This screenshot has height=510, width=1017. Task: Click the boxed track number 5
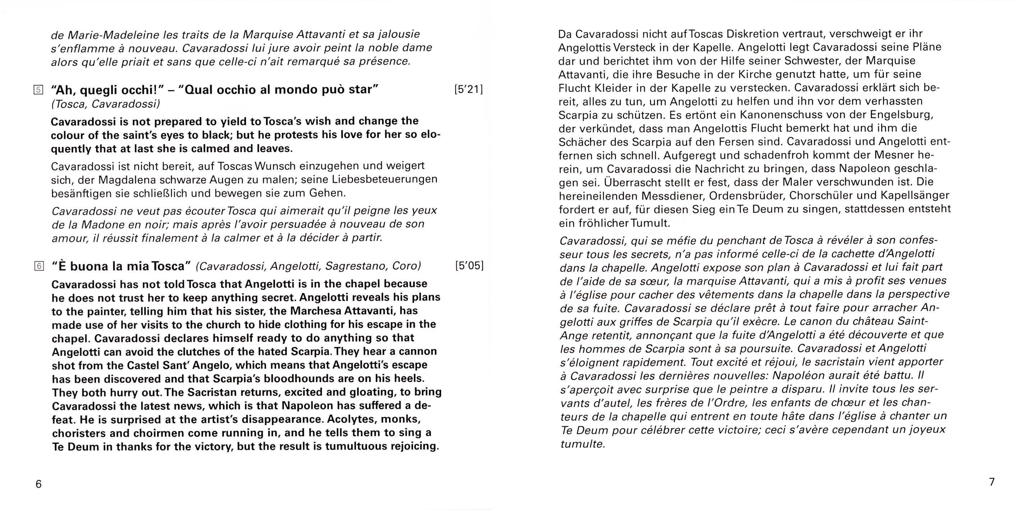pos(38,90)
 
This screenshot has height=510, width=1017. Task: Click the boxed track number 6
pos(39,266)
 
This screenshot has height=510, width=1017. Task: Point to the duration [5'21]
pos(469,89)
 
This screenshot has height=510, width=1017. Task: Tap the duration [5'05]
pos(469,265)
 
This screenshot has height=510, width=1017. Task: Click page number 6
pos(38,484)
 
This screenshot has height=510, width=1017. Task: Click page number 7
pos(991,482)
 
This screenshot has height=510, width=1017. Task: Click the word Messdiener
pos(672,196)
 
